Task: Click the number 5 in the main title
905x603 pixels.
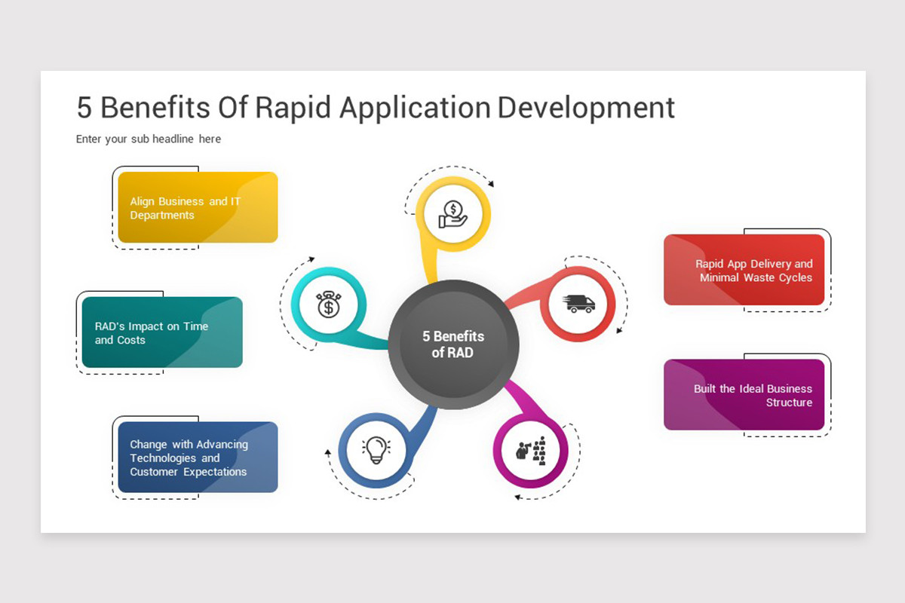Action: (84, 108)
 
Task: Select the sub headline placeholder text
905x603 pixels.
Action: (149, 139)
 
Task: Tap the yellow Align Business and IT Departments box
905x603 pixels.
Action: (198, 207)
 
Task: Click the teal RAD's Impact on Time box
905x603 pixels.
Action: (162, 332)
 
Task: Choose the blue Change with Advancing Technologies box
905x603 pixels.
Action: (198, 458)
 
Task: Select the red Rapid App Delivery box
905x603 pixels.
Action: (744, 270)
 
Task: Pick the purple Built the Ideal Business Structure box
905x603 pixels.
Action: (744, 395)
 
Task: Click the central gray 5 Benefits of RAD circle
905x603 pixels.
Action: (453, 344)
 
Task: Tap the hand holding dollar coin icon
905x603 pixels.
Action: (453, 214)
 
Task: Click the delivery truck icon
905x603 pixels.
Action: (579, 304)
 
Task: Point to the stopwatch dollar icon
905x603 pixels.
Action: (328, 305)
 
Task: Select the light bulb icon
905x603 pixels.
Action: (375, 450)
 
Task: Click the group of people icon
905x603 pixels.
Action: (530, 451)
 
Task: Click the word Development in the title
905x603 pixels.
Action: (586, 108)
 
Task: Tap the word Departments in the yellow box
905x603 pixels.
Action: (162, 216)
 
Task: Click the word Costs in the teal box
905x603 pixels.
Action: (131, 341)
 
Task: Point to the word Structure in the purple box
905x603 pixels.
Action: (789, 403)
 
